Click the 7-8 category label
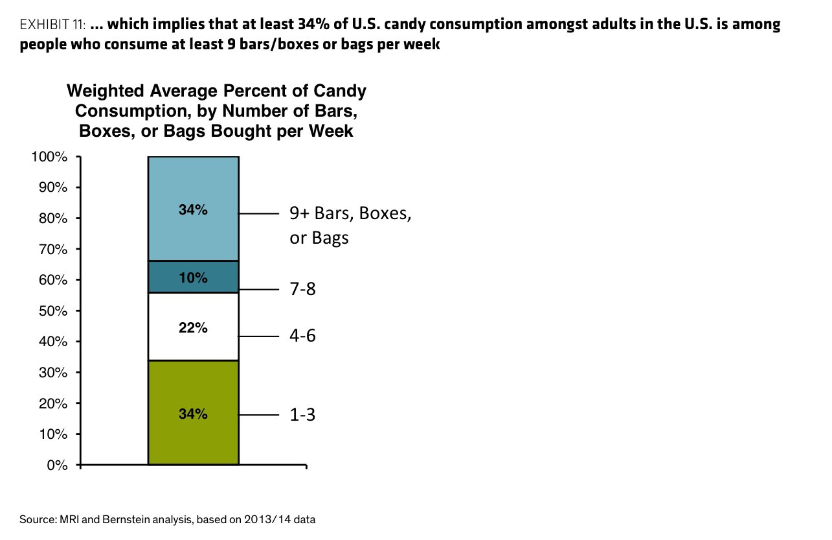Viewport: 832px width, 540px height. (x=302, y=288)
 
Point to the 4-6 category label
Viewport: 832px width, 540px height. (x=302, y=336)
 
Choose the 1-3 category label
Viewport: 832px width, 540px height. (x=302, y=415)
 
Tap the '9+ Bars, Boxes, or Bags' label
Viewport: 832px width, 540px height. (x=350, y=225)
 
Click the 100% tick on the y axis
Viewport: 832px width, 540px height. (x=49, y=157)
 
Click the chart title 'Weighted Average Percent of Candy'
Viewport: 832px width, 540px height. (x=216, y=91)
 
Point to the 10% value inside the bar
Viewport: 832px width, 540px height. (x=193, y=278)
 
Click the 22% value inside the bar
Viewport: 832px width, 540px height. (x=193, y=328)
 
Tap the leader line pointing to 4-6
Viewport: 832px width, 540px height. (x=258, y=336)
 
